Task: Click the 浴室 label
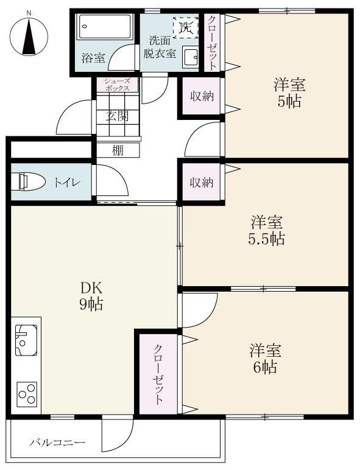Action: (x=94, y=58)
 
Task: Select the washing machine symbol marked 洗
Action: (x=186, y=27)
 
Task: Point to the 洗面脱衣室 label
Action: (x=160, y=47)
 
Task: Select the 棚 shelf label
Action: (x=118, y=150)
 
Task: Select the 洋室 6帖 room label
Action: (x=264, y=359)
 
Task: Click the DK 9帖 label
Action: (x=91, y=295)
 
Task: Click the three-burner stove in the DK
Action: (x=27, y=393)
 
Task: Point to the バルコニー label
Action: (x=57, y=443)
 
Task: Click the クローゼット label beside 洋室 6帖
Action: (x=158, y=374)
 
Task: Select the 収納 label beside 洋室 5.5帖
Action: (x=200, y=182)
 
